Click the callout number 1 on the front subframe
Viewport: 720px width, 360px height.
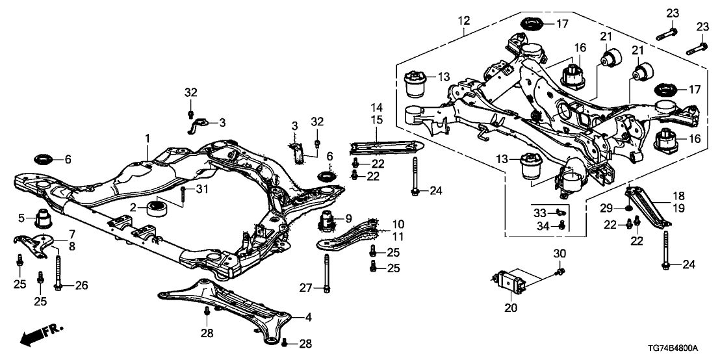[x=148, y=138]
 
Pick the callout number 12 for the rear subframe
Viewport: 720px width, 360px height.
[x=463, y=21]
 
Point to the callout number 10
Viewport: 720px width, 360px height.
[x=397, y=223]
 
